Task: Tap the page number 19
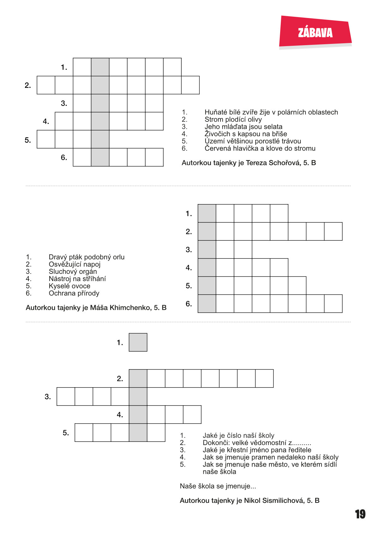[x=360, y=514]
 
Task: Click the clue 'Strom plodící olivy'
[x=233, y=119]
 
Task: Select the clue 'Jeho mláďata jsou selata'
[x=243, y=127]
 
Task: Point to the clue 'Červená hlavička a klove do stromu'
[x=260, y=148]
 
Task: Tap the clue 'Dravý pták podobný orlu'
[x=87, y=257]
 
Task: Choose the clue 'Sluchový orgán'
[x=73, y=272]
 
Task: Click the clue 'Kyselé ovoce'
[x=69, y=286]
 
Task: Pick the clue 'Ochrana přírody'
[x=74, y=293]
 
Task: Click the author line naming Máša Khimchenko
[x=96, y=308]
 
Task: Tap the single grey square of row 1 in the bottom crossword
[x=138, y=342]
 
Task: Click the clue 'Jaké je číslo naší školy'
[x=238, y=436]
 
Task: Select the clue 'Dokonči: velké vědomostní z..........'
[x=257, y=443]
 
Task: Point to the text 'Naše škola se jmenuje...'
[x=218, y=486]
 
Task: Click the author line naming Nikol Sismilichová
[x=250, y=501]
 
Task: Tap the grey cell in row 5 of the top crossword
[x=100, y=139]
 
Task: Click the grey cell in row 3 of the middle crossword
[x=207, y=250]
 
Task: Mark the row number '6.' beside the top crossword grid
[x=64, y=157]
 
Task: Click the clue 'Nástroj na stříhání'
[x=77, y=279]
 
